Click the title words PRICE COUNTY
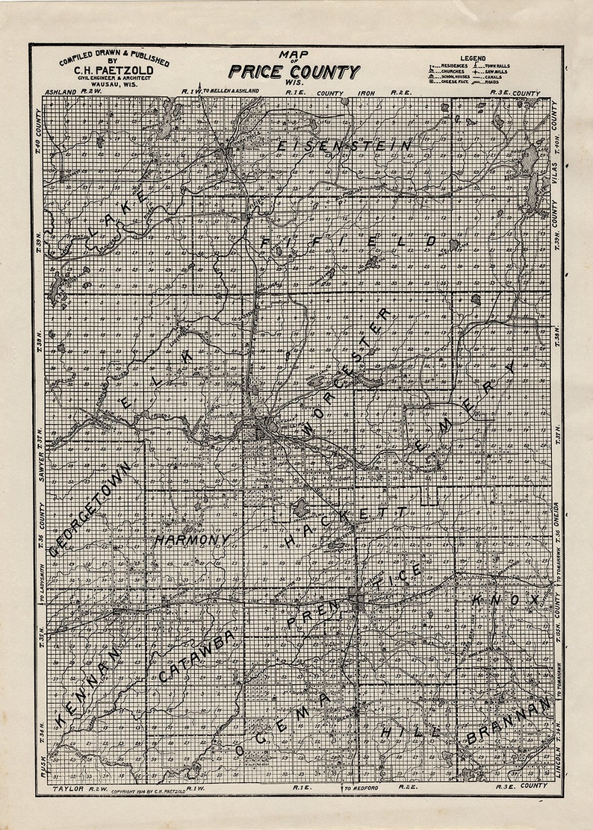[x=294, y=72]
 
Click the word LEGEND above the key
[x=473, y=57]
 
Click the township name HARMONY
[x=192, y=539]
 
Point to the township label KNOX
[x=505, y=599]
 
